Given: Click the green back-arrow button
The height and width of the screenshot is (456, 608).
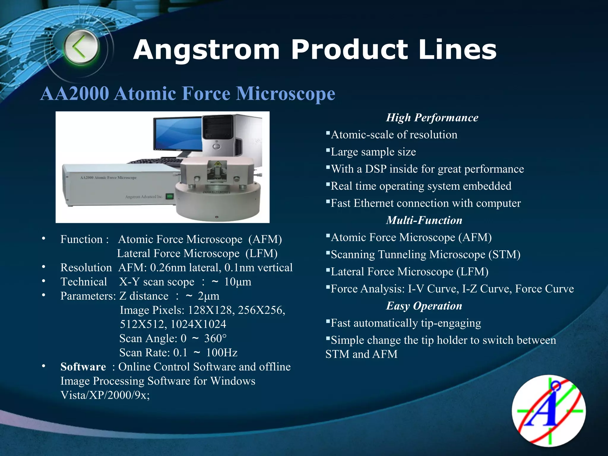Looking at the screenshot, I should (x=80, y=47).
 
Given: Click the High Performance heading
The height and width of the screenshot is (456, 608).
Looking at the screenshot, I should (x=432, y=118).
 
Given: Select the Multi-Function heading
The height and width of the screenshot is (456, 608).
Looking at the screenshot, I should (x=424, y=220).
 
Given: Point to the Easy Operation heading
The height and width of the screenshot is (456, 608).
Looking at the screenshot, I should (x=424, y=306).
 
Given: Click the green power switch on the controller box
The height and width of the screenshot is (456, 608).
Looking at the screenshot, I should (x=169, y=197).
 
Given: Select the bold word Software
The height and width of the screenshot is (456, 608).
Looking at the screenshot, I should (x=83, y=367).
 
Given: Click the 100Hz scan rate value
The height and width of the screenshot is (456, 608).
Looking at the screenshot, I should (x=222, y=353).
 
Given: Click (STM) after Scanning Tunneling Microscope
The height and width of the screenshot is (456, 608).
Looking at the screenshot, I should (x=504, y=255).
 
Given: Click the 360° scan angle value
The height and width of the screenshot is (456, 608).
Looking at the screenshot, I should (x=215, y=338).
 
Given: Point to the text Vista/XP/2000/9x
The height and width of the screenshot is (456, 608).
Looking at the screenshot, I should (x=105, y=395).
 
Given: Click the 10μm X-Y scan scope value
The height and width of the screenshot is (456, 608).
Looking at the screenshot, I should (x=237, y=282).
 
